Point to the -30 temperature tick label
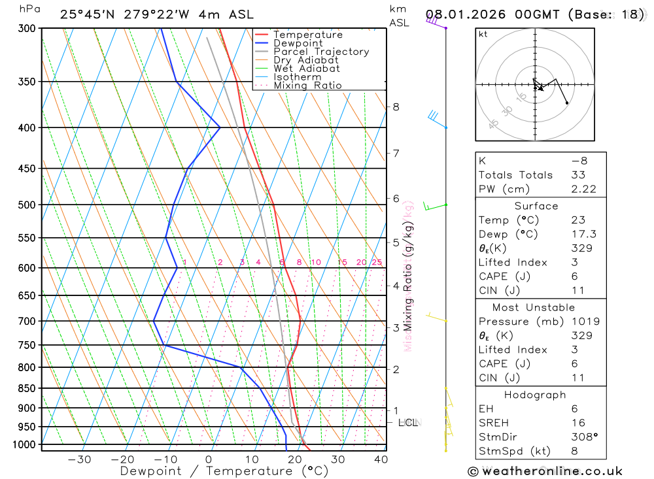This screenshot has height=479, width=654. click(x=79, y=459)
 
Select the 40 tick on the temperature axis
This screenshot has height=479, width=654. click(x=380, y=459)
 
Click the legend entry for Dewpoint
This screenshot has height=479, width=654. click(x=298, y=43)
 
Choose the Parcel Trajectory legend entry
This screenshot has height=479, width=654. click(x=321, y=52)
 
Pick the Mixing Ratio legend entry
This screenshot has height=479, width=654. click(x=307, y=85)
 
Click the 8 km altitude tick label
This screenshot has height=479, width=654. click(x=396, y=107)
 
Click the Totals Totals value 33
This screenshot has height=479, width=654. click(x=578, y=175)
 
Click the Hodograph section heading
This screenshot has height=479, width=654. click(x=536, y=395)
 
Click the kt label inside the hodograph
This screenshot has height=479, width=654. click(x=483, y=35)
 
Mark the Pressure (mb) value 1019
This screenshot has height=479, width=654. click(x=583, y=322)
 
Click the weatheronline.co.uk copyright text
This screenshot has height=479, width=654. click(x=545, y=471)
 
